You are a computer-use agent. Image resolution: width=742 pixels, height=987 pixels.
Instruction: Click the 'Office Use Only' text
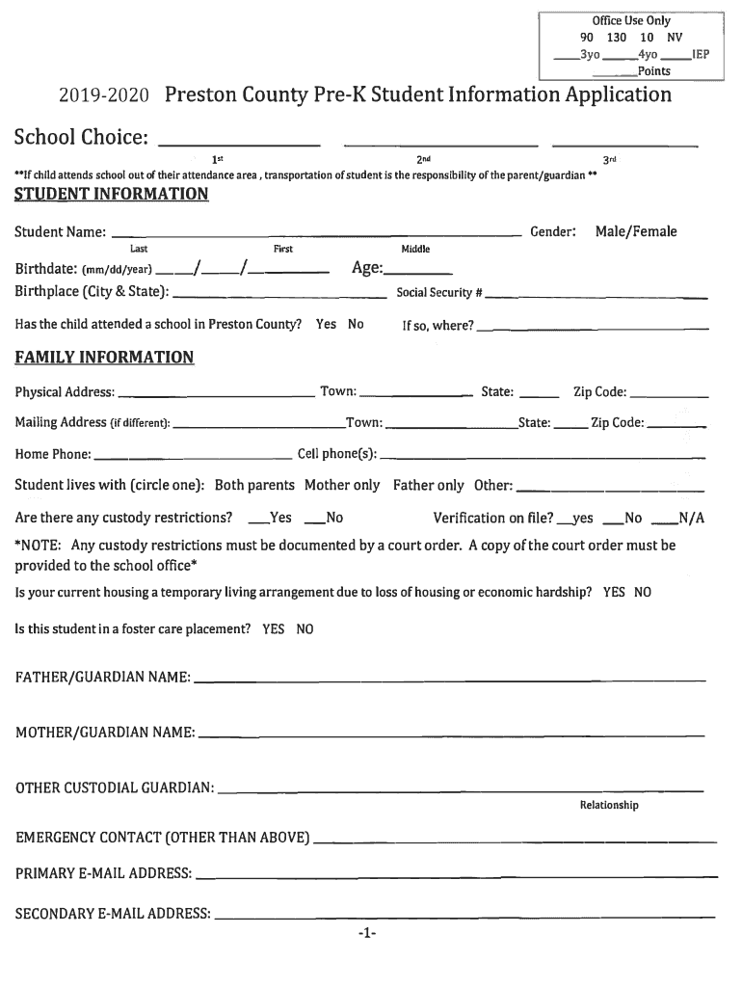(631, 21)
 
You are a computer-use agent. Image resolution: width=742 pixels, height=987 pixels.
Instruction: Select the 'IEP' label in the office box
(701, 55)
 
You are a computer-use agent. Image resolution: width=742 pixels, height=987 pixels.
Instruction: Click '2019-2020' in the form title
(93, 96)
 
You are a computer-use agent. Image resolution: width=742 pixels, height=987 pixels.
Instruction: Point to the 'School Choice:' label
(80, 140)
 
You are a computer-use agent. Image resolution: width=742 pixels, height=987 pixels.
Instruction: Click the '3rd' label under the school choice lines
(609, 159)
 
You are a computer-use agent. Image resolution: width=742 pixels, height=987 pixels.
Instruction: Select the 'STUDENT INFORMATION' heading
(111, 195)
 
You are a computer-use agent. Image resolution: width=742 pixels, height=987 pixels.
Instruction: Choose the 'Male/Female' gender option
(635, 231)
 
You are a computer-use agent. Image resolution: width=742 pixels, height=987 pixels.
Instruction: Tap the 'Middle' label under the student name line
(415, 249)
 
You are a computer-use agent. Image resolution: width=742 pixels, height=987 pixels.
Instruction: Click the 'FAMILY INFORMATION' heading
(104, 358)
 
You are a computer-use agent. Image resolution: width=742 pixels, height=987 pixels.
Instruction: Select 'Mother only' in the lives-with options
(342, 485)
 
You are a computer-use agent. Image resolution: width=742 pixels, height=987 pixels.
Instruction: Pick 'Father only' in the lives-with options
(428, 485)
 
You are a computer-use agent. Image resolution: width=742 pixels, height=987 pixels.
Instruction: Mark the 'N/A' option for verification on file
(692, 519)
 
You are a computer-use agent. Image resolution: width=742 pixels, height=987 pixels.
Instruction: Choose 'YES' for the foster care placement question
(273, 628)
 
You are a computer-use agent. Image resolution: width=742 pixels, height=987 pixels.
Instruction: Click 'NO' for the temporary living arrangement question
(642, 592)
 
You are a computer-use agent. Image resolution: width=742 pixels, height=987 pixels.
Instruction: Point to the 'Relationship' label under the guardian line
(608, 805)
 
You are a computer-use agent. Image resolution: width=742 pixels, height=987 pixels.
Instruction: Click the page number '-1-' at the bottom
(366, 934)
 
